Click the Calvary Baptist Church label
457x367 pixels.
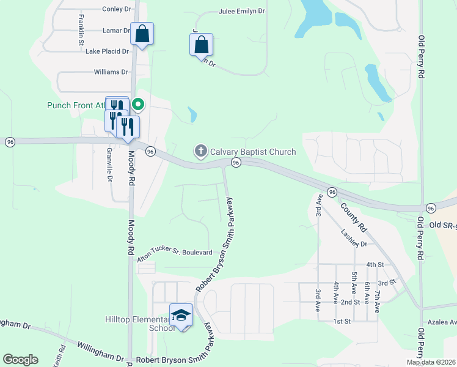[253, 152]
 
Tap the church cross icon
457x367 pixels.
[200, 151]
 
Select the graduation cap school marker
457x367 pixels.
[181, 316]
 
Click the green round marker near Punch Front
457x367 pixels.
[138, 105]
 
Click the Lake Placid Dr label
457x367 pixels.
[108, 51]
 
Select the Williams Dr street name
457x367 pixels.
[111, 72]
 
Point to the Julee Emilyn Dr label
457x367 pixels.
[242, 12]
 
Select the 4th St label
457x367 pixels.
[375, 264]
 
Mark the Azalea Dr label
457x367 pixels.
[443, 322]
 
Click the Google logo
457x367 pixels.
[20, 360]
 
